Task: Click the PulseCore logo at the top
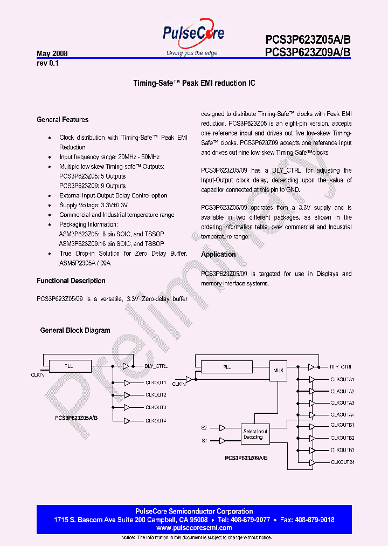click(193, 35)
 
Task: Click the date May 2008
click(52, 54)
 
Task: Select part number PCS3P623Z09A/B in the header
click(308, 52)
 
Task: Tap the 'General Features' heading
click(63, 119)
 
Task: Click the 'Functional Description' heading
click(71, 281)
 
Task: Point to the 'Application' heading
click(218, 254)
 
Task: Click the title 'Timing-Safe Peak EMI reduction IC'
click(194, 84)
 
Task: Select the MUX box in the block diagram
click(279, 371)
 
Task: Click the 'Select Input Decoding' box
click(255, 434)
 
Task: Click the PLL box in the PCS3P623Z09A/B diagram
click(227, 367)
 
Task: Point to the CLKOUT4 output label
click(156, 420)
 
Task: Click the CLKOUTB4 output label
click(342, 462)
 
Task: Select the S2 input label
click(204, 428)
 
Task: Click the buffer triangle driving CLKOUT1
click(126, 383)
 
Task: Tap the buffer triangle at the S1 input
click(222, 441)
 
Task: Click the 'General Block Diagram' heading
click(75, 330)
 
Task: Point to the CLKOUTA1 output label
click(342, 379)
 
